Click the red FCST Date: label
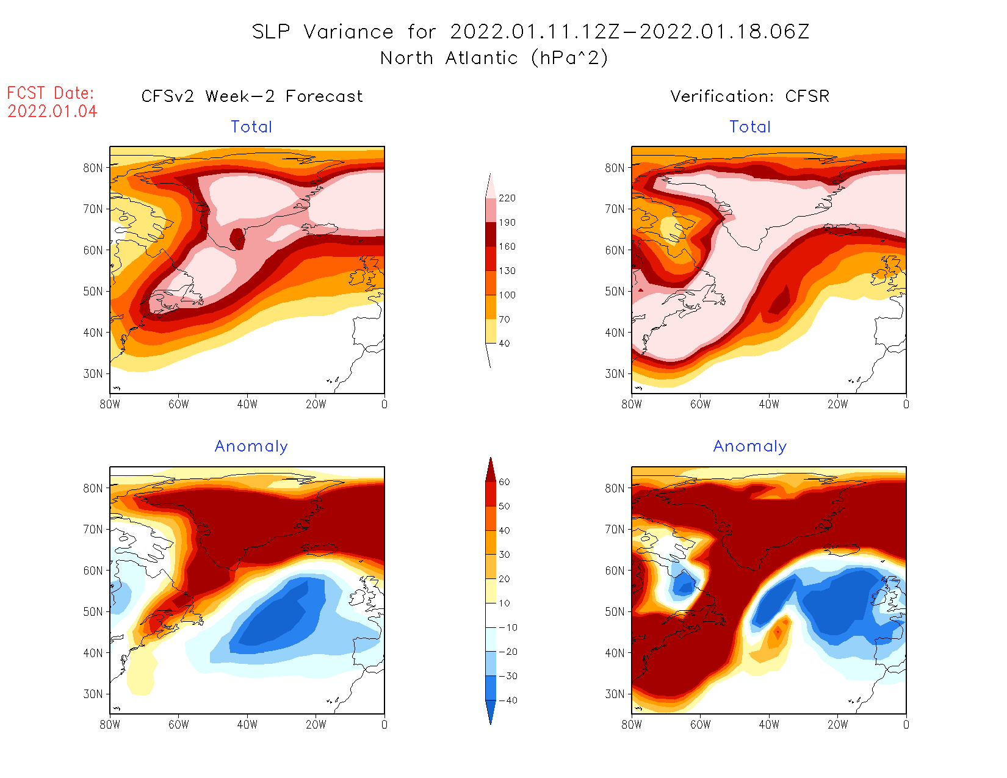50,93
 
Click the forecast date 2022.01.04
52,112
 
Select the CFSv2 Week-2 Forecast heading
252,96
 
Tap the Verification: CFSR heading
750,96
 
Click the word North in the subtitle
406,59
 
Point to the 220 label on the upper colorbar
507,198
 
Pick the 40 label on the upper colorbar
504,344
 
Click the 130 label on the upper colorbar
507,271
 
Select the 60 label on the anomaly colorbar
504,482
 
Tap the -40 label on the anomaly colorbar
508,701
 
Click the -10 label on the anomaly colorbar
508,628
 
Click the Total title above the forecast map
251,127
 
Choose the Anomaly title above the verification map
750,447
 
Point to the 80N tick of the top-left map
93,168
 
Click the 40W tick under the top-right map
769,404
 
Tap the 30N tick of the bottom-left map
93,694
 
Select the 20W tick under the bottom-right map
837,725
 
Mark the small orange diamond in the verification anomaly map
778,633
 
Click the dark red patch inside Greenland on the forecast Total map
237,239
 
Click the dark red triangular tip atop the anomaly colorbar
490,470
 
